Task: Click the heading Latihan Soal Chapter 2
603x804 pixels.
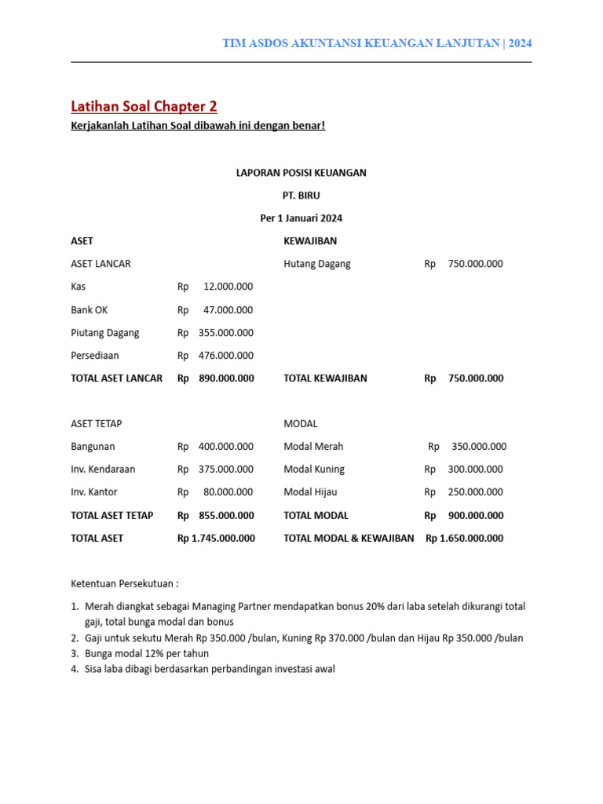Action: tap(144, 106)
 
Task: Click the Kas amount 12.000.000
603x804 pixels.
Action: tap(228, 287)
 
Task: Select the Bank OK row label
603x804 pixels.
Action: tap(89, 309)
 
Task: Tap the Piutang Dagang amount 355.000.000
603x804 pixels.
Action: tap(225, 332)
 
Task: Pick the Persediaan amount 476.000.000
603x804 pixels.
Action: tap(225, 355)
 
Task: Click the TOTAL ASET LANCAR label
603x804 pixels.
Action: tap(116, 378)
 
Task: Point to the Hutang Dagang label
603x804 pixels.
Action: tap(316, 264)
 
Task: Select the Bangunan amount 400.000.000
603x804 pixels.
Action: tap(225, 446)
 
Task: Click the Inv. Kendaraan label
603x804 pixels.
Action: tap(103, 469)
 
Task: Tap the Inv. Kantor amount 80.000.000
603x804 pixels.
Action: tap(228, 492)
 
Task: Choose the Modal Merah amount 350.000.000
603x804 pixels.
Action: tap(479, 446)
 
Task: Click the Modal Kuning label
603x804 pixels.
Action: tap(314, 469)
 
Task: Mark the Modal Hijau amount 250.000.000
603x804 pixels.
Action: tap(475, 492)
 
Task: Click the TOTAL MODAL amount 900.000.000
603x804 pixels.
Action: tap(475, 515)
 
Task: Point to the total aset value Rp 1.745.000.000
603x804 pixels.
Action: tap(216, 538)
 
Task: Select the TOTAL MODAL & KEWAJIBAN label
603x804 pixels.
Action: tap(349, 538)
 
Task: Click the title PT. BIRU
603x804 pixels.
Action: tap(301, 195)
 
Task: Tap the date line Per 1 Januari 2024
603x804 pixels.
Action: tap(301, 217)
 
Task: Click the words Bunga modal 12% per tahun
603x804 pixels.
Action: tap(146, 653)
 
